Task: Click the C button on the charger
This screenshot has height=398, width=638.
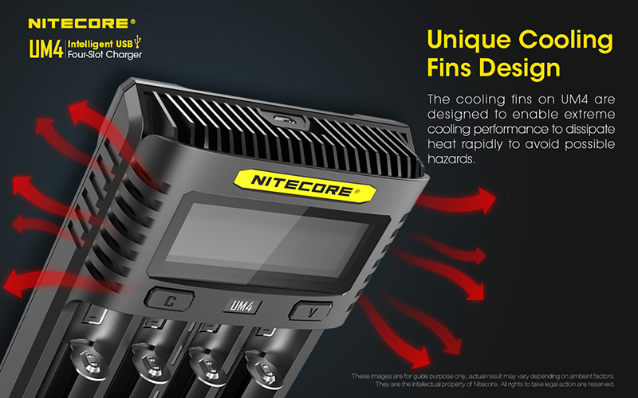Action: click(x=169, y=300)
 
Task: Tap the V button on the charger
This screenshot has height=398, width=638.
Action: click(x=310, y=311)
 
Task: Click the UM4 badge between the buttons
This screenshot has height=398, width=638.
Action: click(x=242, y=306)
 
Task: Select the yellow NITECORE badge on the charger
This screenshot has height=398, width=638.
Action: click(x=305, y=185)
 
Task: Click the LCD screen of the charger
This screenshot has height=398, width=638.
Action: click(x=269, y=240)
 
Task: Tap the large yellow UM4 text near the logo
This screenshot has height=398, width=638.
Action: click(x=46, y=49)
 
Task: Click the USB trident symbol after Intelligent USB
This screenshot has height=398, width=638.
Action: click(x=138, y=42)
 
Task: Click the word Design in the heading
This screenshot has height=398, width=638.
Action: click(x=522, y=68)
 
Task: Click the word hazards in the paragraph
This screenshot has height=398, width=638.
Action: click(x=451, y=158)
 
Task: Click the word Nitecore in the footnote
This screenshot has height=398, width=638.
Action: click(x=486, y=384)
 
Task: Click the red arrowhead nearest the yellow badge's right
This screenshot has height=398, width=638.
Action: click(x=485, y=200)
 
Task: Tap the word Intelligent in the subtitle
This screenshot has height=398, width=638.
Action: click(x=90, y=44)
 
